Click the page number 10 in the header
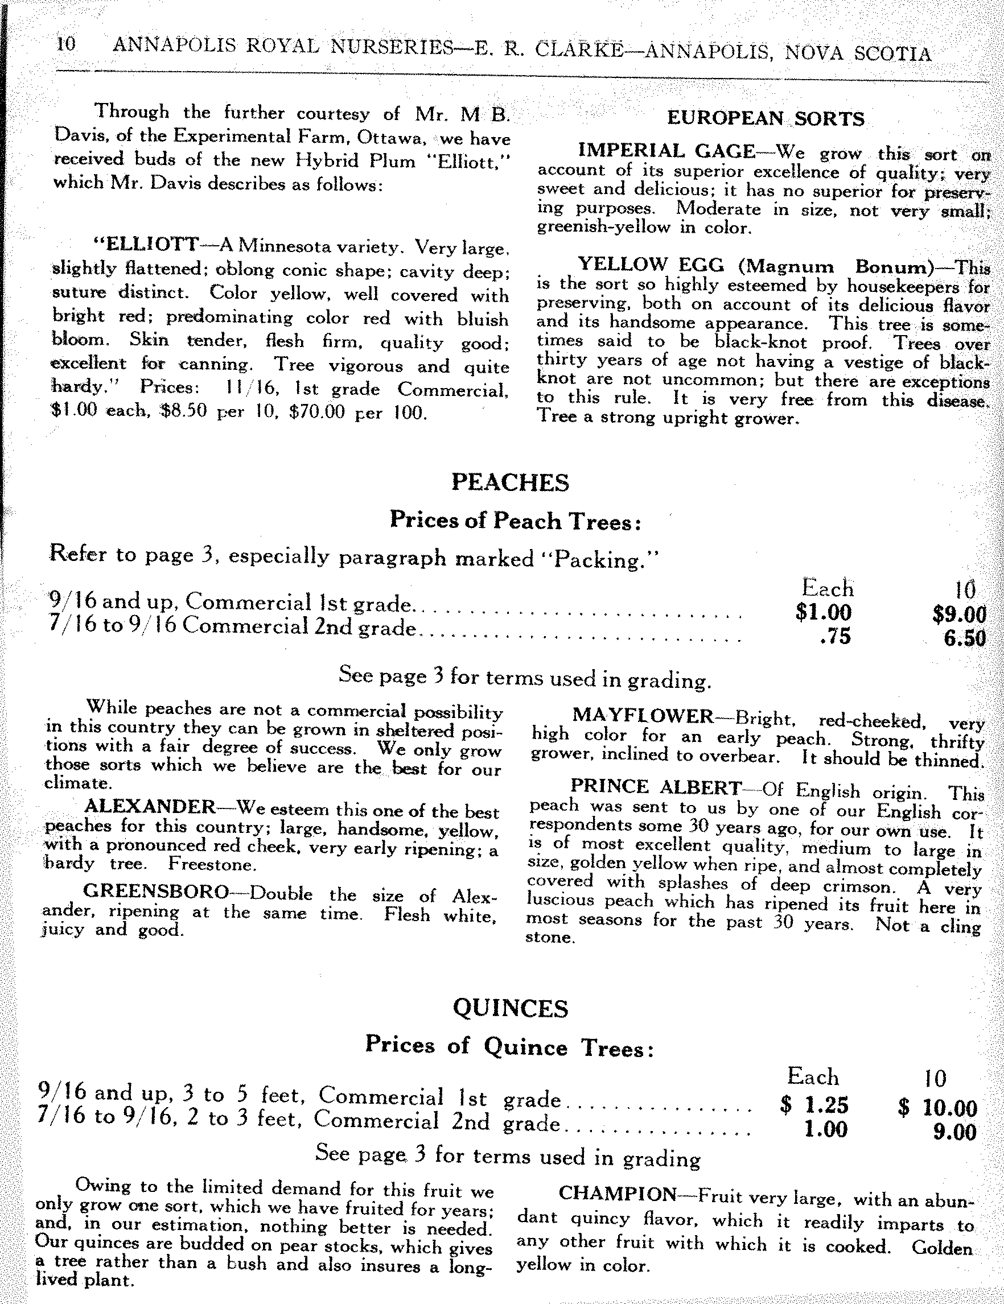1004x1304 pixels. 65,44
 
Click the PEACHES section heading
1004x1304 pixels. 510,482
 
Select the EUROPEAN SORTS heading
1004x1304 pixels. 765,118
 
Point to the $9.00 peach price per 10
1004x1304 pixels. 958,614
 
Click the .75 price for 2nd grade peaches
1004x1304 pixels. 836,637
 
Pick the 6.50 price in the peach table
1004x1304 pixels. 964,638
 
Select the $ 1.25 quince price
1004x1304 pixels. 814,1105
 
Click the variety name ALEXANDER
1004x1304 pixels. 149,807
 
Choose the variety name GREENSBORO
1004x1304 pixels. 156,892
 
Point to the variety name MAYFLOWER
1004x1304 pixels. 643,716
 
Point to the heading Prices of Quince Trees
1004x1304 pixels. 509,1047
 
